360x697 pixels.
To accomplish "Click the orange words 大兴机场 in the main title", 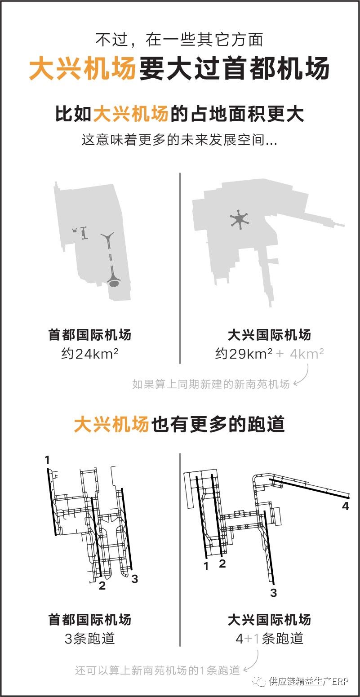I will pos(82,68).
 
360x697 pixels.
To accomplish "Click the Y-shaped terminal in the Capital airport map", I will pos(108,240).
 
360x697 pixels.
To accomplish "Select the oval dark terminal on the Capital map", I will pos(113,283).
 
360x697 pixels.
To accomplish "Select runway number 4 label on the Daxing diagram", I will pos(345,506).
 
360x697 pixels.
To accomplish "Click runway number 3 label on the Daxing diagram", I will pos(273,593).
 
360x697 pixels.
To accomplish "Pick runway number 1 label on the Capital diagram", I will pos(48,459).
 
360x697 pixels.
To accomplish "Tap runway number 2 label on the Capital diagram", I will pos(102,586).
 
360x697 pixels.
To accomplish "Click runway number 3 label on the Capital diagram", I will pos(135,579).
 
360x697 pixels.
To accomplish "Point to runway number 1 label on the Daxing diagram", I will pos(206,567).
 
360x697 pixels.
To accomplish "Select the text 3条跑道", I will pos(89,638).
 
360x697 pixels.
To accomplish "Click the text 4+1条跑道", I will pos(269,638).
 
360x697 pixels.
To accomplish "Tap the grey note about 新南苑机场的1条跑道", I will pos(157,670).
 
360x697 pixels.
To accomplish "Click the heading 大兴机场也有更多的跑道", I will pos(179,424).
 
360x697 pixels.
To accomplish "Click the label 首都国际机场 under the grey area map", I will pos(89,335).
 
